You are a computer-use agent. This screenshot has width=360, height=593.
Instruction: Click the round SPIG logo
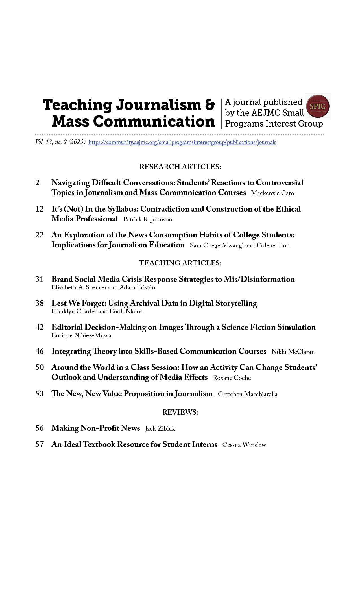click(318, 106)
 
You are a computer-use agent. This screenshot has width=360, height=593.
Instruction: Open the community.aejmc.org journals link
click(182, 142)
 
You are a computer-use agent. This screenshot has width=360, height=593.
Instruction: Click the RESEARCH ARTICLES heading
click(180, 167)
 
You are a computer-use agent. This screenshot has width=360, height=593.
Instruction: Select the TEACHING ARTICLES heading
click(180, 263)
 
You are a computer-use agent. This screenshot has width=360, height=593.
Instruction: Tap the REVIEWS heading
click(180, 412)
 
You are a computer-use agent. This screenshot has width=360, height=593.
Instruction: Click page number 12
click(40, 209)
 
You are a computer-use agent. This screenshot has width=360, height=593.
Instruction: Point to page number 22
click(40, 235)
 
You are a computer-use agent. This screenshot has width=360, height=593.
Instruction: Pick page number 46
click(40, 351)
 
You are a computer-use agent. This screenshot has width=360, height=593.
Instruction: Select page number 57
click(40, 444)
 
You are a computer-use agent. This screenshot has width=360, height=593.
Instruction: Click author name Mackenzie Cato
click(272, 193)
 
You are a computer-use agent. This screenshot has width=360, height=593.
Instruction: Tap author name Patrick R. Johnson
click(148, 219)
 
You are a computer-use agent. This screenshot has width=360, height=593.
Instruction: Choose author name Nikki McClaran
click(293, 352)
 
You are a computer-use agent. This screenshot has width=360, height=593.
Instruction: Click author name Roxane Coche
click(232, 378)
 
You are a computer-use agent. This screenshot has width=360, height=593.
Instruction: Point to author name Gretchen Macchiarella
click(248, 394)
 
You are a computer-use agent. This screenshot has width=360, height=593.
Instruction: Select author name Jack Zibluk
click(160, 429)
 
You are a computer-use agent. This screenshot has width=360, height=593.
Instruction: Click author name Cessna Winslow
click(244, 445)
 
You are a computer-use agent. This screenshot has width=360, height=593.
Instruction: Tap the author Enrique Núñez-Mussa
click(81, 335)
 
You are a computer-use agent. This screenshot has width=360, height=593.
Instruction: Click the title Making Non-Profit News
click(96, 428)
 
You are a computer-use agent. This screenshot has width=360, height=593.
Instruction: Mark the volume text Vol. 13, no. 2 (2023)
click(60, 142)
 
